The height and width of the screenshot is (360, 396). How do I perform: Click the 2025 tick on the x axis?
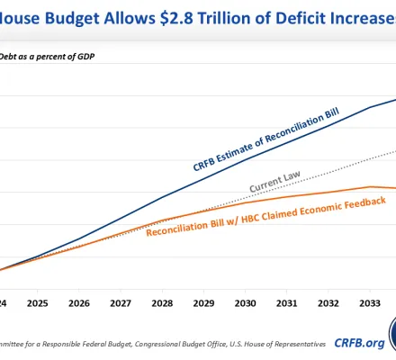click(37, 304)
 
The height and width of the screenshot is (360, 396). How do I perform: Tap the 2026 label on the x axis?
click(79, 304)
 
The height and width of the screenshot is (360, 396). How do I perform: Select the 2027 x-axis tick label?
click(121, 304)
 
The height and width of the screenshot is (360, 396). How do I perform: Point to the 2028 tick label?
click(162, 304)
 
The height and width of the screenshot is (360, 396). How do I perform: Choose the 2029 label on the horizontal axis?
click(203, 304)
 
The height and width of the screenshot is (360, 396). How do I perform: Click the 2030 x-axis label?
click(245, 304)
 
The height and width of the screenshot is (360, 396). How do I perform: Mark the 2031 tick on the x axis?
click(286, 304)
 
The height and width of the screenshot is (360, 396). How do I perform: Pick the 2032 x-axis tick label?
click(328, 304)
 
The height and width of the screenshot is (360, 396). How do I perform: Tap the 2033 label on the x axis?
click(369, 304)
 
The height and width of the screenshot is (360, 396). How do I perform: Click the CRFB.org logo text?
click(357, 342)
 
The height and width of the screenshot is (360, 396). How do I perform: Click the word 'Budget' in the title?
click(76, 17)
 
